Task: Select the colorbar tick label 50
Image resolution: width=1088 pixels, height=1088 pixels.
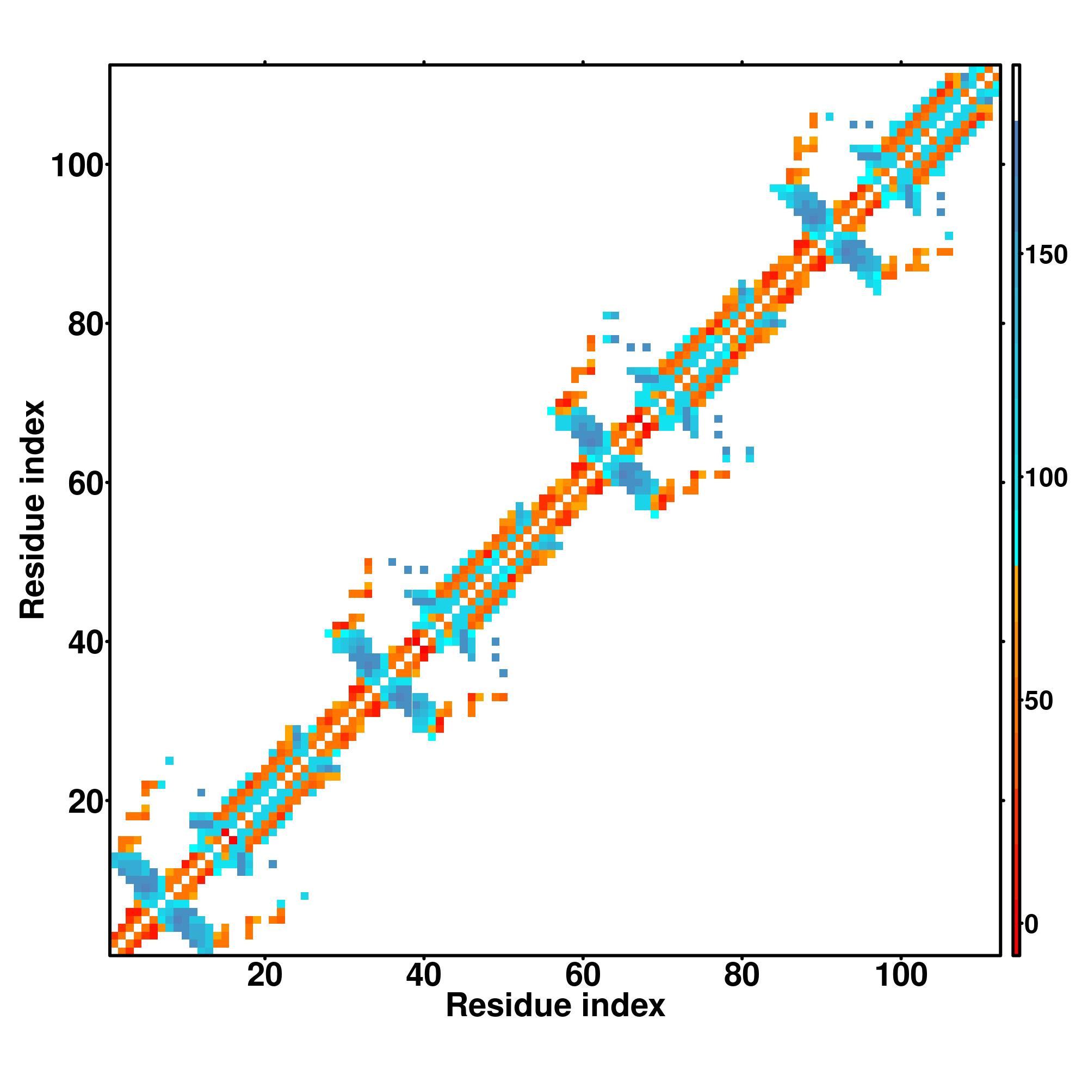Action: coord(1038,701)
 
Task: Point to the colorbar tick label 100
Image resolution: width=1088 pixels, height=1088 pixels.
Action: coord(1046,478)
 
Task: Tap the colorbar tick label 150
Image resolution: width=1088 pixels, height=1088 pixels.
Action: coord(1046,255)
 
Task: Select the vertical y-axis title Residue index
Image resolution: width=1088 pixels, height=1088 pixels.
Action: coord(33,510)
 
